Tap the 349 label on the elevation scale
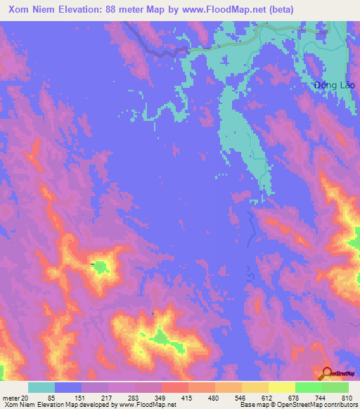[161, 397]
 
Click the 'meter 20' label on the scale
[15, 397]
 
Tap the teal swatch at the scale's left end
[41, 387]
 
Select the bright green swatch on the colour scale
[308, 387]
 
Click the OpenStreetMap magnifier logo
[327, 374]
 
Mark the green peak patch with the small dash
[101, 266]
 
